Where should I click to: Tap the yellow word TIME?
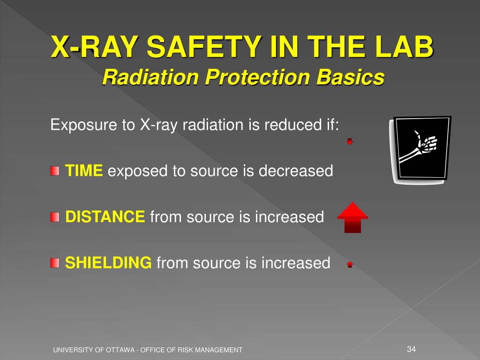point(83,171)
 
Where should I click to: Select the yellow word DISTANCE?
point(105,217)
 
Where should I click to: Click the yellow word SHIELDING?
point(108,263)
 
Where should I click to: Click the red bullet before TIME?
point(55,171)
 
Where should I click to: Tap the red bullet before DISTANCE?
point(55,217)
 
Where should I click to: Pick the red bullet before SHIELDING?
point(55,263)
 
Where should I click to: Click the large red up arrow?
point(352,217)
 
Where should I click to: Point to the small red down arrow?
point(350,141)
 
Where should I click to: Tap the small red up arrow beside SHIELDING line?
point(350,264)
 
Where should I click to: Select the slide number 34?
point(412,349)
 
